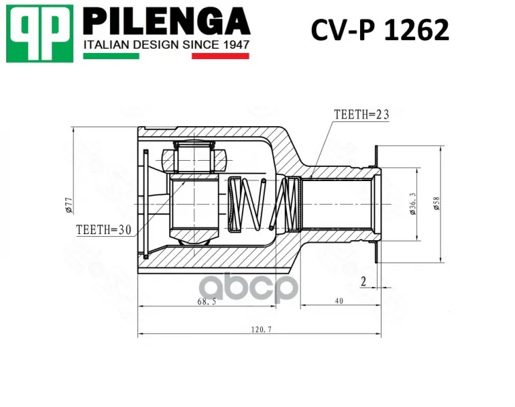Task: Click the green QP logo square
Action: [x=39, y=33]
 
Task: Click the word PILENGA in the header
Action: [x=166, y=21]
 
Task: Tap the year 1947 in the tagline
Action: [x=236, y=44]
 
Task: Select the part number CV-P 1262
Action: [x=380, y=30]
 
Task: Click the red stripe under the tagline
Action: [x=220, y=56]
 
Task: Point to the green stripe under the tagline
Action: [x=111, y=56]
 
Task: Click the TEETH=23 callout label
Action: [x=361, y=115]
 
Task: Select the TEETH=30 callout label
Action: [x=104, y=229]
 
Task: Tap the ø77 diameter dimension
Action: [x=69, y=206]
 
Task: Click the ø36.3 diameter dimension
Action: [x=413, y=203]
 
